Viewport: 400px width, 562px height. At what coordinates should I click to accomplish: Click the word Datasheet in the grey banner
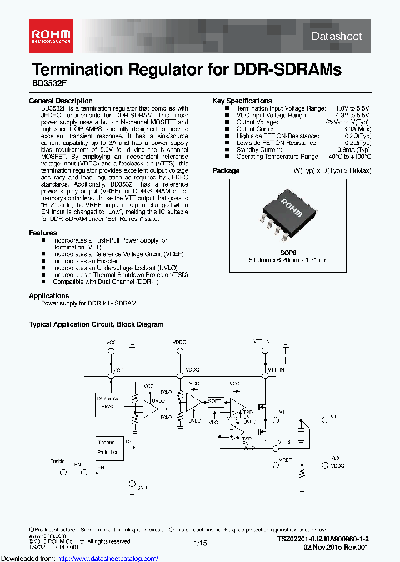coord(337,36)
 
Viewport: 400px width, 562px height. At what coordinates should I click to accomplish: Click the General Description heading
coord(61,101)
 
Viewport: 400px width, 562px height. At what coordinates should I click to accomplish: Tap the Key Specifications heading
coord(242,101)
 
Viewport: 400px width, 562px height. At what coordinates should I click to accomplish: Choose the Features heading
coord(43,233)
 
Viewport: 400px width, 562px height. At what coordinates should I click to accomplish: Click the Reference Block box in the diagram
coord(107,402)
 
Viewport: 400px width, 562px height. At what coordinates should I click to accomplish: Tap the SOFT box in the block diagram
coord(214,401)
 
